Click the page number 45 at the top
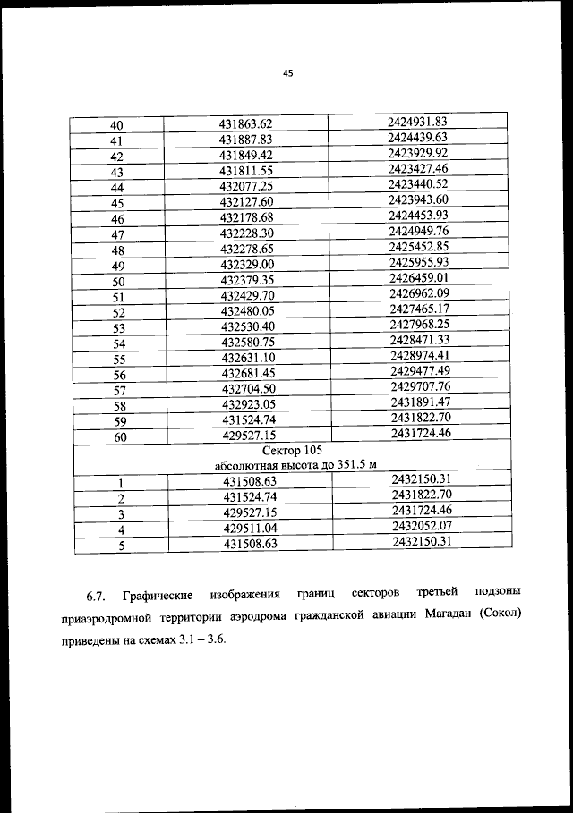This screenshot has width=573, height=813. [x=287, y=74]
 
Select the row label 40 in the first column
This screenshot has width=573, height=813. [x=116, y=125]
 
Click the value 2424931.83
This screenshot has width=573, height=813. [x=418, y=121]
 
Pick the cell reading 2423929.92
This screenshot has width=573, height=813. [x=418, y=153]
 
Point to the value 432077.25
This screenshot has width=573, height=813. [x=245, y=186]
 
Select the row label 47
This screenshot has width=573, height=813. [x=116, y=235]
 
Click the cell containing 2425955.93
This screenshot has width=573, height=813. [x=418, y=262]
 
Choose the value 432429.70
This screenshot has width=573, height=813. [x=245, y=295]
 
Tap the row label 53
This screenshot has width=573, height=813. [x=116, y=329]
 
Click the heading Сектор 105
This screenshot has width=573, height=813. [x=291, y=451]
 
